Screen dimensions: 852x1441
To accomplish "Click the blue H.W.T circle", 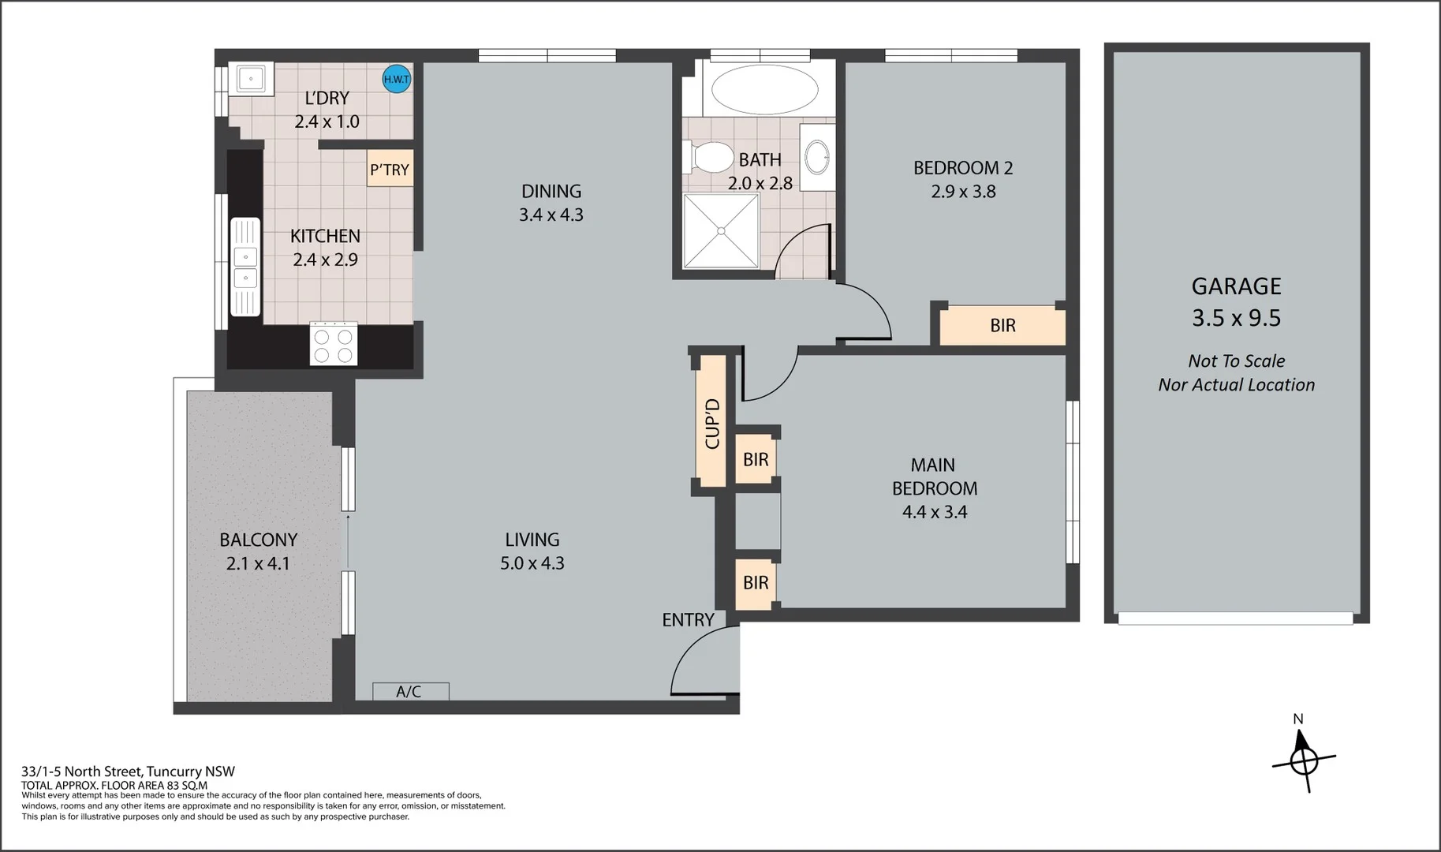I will (396, 79).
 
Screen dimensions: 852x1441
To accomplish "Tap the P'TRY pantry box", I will (390, 170).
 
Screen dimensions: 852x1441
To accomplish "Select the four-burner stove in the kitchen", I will (334, 344).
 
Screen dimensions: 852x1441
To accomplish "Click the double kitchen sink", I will (245, 267).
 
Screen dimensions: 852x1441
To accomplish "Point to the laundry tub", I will (251, 78).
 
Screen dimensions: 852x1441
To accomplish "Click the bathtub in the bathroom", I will (764, 89).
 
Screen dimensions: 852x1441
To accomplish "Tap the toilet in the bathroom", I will (709, 157).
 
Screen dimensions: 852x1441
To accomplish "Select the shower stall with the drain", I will (721, 230).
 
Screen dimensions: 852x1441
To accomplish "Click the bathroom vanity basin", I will (818, 158).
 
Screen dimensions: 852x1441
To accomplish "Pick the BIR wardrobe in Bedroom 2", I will (1002, 325).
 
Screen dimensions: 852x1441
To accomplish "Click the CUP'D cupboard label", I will (711, 424).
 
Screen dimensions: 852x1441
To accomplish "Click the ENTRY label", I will (688, 620).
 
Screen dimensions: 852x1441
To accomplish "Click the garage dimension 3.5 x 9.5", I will (1236, 318).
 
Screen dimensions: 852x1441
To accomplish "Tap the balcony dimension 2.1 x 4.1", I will (258, 564).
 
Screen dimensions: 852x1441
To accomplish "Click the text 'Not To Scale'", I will (1236, 361).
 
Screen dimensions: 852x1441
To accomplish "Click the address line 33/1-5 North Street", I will (128, 772).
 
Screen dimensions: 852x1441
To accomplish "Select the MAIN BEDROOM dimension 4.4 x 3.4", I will (935, 512).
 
